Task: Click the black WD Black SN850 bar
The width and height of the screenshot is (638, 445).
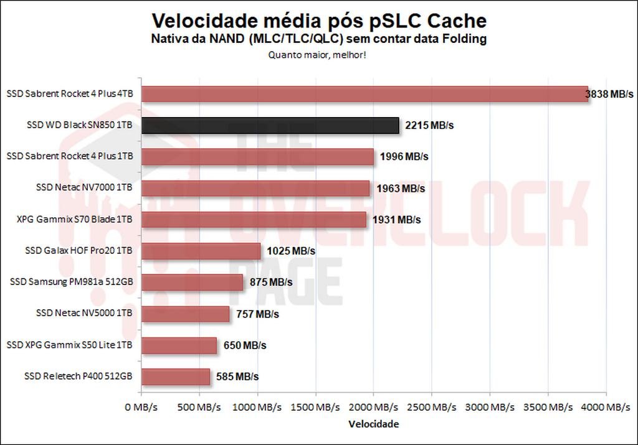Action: pos(270,126)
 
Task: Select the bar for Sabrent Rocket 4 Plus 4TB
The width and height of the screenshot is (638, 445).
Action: pos(364,94)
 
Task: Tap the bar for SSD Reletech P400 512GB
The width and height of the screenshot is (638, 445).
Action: pos(176,377)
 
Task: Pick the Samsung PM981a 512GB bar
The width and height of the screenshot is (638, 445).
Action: pos(192,283)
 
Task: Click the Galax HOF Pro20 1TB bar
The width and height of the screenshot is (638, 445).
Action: pos(201,251)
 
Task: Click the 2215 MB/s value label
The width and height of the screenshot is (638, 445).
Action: pos(429,126)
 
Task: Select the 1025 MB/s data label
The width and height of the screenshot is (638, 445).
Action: pos(291,251)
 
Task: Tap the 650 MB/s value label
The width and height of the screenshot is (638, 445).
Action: pos(245,345)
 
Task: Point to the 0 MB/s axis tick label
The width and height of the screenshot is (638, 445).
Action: pos(141,407)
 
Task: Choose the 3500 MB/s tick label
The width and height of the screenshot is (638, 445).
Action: pos(548,407)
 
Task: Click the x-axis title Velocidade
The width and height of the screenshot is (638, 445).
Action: pos(373,424)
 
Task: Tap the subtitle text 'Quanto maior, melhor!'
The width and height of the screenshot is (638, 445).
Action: pos(317,55)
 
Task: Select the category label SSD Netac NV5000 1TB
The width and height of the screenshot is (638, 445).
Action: pos(84,314)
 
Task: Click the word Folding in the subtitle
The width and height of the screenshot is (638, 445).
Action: pos(467,39)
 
